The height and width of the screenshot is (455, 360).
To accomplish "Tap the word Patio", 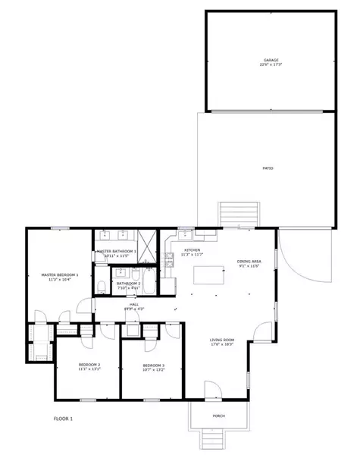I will click(268, 168).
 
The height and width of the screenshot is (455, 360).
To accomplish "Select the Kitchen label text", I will click(192, 250).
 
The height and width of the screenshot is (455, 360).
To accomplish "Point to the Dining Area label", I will click(249, 261).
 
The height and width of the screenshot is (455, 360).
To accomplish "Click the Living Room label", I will click(222, 340).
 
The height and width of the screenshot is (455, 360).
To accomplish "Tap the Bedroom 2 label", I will click(89, 365).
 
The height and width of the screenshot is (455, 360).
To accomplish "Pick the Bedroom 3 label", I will click(153, 366).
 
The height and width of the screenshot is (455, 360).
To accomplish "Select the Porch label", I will click(218, 416).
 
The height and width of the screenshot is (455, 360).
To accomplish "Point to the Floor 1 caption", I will click(63, 419).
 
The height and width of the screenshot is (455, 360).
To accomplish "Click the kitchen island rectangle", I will click(209, 275).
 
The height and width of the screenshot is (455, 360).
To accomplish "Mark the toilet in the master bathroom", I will click(101, 285).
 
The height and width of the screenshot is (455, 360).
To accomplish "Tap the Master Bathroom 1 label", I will click(117, 251).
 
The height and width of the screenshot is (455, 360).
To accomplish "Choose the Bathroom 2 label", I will click(128, 284).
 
